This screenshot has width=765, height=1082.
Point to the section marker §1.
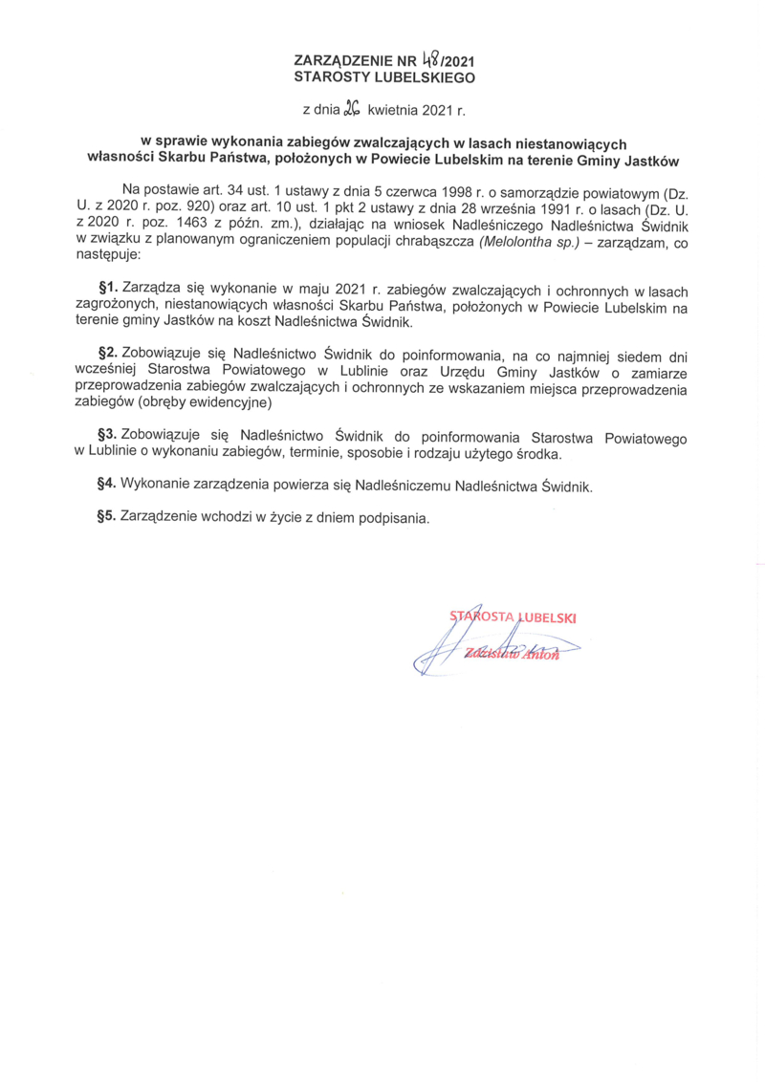(108, 288)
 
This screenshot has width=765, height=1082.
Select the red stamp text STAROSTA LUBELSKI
(513, 617)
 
